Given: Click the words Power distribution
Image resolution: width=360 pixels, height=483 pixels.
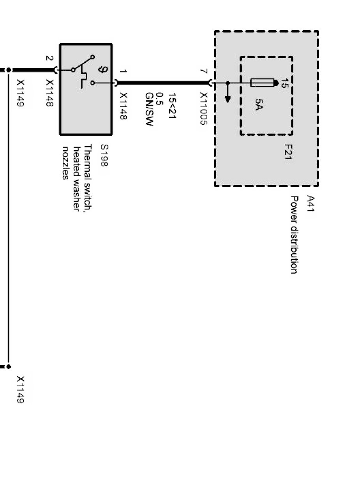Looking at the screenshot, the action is [295, 235].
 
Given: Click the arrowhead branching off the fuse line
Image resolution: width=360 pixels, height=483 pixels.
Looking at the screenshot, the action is [228, 99].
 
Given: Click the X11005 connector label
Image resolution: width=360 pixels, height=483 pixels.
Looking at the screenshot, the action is [203, 108].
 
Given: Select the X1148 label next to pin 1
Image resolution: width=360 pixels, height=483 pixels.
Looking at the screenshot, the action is [124, 106].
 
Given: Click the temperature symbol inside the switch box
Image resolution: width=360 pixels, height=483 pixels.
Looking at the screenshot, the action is [104, 70].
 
